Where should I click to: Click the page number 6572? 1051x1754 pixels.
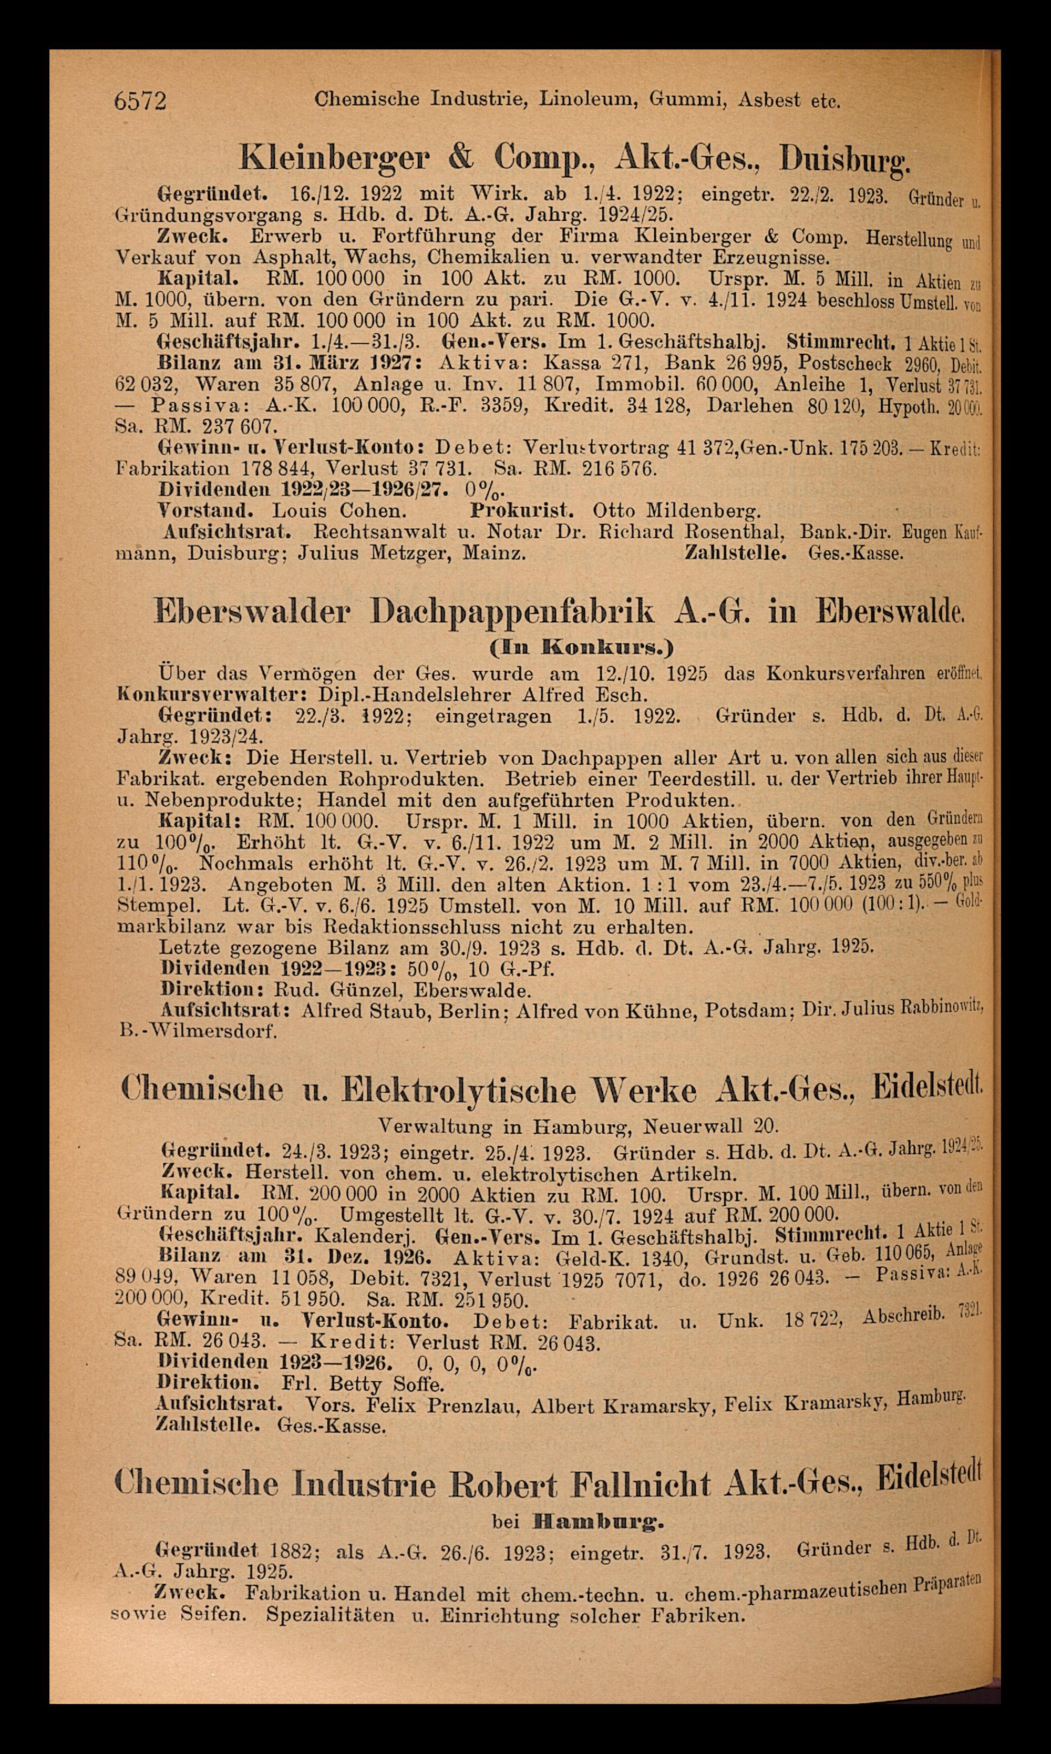click(x=140, y=101)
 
